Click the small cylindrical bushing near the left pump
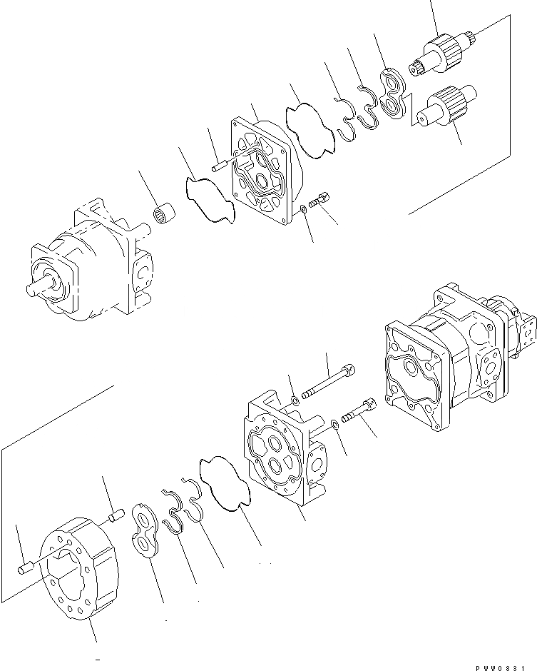pos(165,214)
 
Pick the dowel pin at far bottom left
pos(24,568)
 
